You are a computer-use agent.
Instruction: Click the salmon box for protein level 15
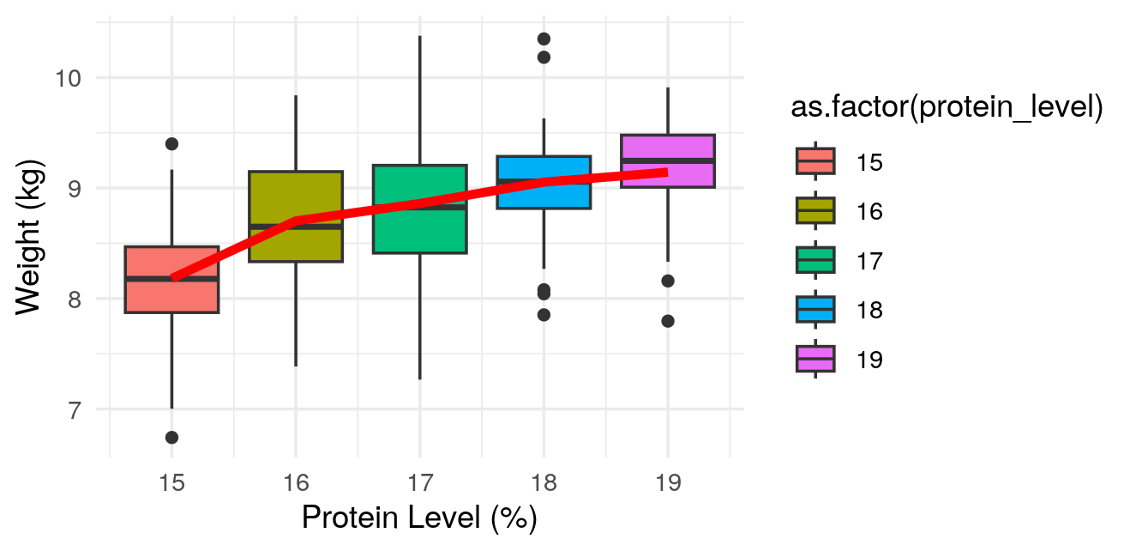pos(171,296)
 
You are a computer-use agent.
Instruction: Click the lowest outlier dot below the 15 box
pos(171,438)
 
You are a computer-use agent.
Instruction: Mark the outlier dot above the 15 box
pos(171,143)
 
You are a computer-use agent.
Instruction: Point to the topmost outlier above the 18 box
pos(544,39)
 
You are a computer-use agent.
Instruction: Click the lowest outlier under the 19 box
pos(668,321)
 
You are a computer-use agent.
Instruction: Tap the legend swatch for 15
pos(814,161)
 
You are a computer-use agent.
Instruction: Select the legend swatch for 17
pos(814,260)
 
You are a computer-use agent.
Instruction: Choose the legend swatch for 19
pos(814,359)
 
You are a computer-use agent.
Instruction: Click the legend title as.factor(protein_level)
pos(947,109)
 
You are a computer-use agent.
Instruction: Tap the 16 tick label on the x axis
pos(296,483)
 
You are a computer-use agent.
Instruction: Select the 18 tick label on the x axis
pos(544,483)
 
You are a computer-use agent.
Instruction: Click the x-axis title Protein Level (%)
pos(419,519)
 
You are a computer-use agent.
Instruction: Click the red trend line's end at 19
pos(666,172)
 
